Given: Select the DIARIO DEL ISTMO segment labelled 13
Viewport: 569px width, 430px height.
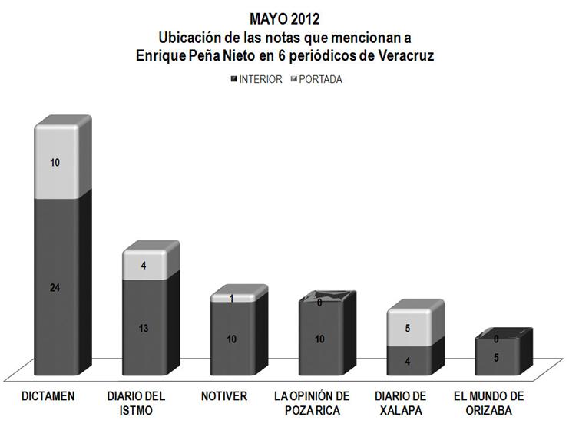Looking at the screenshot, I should click(144, 328).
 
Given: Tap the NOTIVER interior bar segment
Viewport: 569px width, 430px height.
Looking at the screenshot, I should click(231, 339).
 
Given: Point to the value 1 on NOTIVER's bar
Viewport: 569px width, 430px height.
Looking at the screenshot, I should click(231, 299).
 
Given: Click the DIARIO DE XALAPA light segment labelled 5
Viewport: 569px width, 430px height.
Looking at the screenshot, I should click(408, 329).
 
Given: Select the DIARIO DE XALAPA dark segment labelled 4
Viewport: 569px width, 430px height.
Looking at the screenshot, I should click(408, 362).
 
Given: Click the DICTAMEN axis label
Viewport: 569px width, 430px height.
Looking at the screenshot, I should click(48, 397).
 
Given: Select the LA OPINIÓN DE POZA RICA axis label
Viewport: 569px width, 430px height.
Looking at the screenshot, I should click(312, 403).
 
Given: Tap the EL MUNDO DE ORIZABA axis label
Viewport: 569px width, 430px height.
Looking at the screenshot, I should click(489, 403).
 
